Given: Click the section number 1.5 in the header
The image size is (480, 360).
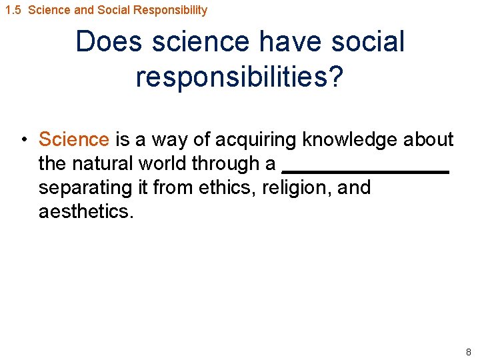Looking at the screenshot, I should click(x=13, y=10).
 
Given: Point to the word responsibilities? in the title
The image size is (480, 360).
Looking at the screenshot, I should click(x=239, y=77).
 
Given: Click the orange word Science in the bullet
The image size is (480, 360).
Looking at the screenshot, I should click(x=73, y=139).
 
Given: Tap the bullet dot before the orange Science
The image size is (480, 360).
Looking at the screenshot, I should click(x=23, y=139).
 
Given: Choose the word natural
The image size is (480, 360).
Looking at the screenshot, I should click(x=107, y=163).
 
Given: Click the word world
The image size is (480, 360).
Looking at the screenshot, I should click(x=163, y=163).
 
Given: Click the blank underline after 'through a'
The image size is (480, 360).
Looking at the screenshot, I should click(x=365, y=172).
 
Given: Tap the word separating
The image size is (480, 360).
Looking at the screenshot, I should click(x=86, y=187).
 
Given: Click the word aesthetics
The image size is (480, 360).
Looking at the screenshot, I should click(x=86, y=211).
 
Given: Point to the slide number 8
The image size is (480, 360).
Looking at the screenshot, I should click(x=468, y=352).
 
